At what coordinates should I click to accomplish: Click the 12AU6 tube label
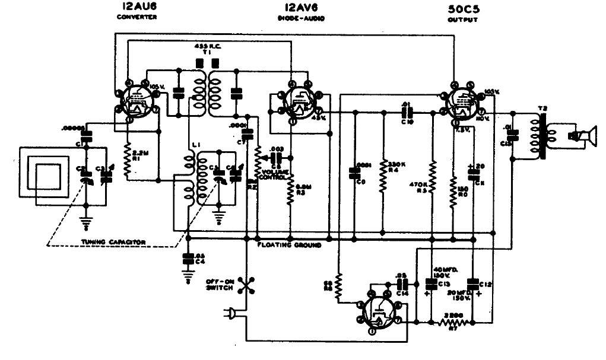click(x=137, y=7)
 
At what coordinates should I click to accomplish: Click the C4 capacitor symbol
click(x=188, y=259)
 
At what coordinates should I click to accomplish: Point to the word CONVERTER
click(x=137, y=18)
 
